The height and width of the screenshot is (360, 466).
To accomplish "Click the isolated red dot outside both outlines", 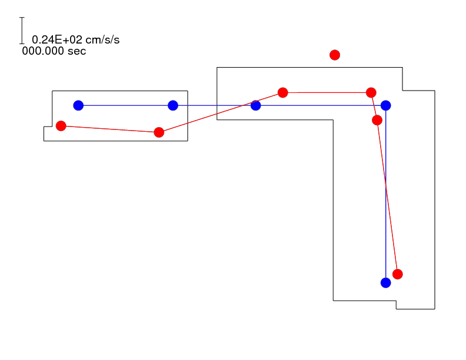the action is point(335,55).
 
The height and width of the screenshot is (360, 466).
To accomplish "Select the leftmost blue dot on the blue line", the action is point(78,105).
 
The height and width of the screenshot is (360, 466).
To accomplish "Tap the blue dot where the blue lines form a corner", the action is point(386,105).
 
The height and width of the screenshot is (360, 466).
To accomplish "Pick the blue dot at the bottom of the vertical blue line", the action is point(386,283).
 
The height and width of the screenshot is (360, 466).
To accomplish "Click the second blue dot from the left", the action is point(173,105).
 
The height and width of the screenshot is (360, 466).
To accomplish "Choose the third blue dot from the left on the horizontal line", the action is point(255,105).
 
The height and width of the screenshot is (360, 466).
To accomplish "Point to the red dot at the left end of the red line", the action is point(61,126).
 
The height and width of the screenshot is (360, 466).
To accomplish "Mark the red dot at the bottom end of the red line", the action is point(398,274).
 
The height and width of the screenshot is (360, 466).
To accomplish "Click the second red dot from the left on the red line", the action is point(159,132).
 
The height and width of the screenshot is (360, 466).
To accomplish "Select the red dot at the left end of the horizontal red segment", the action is point(282,93).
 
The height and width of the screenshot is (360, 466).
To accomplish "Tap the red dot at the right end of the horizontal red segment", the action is point(371,93).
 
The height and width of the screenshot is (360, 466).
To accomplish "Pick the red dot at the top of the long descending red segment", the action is point(377,121).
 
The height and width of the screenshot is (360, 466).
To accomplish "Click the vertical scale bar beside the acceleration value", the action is point(22,31).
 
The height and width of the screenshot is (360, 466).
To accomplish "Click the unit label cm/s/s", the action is point(102,39).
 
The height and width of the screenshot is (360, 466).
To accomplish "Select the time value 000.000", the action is point(43,51).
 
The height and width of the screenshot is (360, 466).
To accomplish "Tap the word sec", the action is point(76,51).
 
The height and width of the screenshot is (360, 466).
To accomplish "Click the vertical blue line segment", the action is point(386,194).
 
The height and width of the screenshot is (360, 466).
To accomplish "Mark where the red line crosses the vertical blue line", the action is point(386,186).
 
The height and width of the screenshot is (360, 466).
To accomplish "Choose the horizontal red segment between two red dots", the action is point(327,93).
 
